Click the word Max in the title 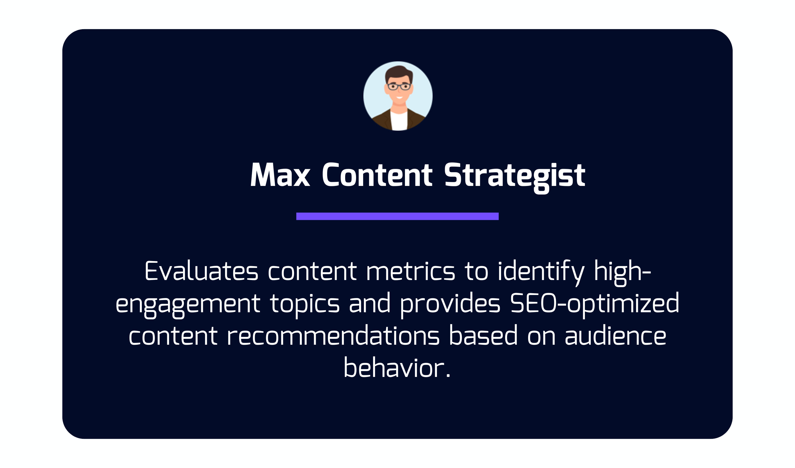[x=280, y=175]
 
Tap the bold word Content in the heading [x=377, y=175]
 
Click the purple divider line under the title [x=397, y=216]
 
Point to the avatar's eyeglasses [x=399, y=86]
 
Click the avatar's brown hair [x=399, y=73]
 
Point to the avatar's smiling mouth [x=399, y=97]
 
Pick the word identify [x=541, y=273]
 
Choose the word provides [x=450, y=305]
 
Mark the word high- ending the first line [x=622, y=273]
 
